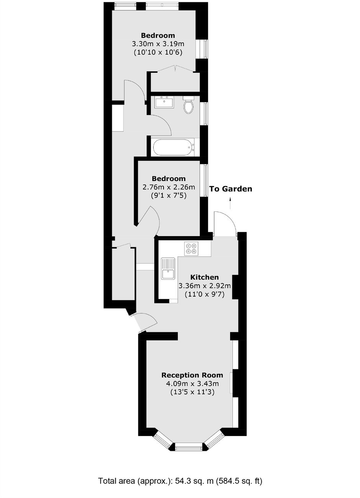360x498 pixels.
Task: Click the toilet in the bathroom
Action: (188, 105)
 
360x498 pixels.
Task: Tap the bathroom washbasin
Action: (164, 102)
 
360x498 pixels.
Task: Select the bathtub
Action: (173, 147)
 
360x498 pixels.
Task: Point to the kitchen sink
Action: (168, 269)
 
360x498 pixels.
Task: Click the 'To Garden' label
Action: (231, 189)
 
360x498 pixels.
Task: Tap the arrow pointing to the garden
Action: (230, 203)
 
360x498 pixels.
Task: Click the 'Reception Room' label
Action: (192, 375)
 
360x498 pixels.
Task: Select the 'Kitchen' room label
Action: (205, 277)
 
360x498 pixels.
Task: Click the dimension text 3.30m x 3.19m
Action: (158, 44)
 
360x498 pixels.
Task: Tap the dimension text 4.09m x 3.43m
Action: (192, 384)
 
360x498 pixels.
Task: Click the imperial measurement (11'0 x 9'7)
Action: (205, 294)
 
